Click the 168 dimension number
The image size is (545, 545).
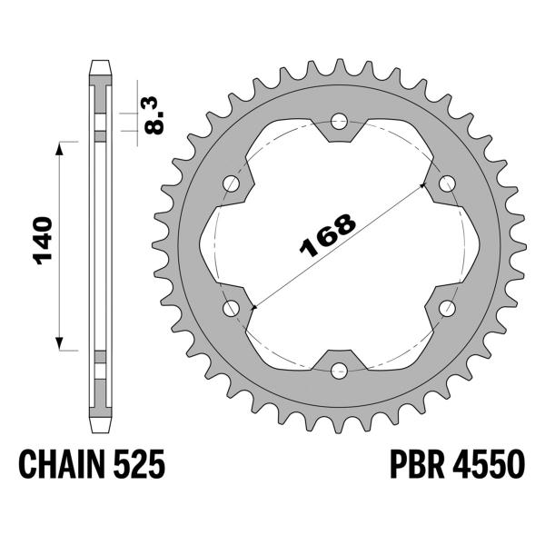point(328,235)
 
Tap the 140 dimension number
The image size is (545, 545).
point(43,241)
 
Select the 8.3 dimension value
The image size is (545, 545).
point(154,115)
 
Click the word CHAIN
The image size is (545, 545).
point(62,464)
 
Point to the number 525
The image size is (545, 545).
point(139,464)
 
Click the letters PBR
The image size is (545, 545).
point(417,464)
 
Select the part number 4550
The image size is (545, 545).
point(489,464)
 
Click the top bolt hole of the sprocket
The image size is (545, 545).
point(339,122)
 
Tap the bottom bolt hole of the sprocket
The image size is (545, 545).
point(339,371)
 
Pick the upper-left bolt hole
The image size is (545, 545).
point(232,183)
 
